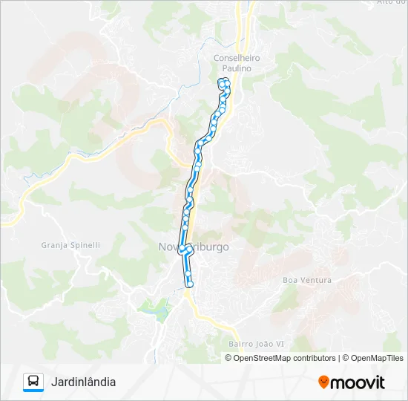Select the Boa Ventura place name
[307, 280]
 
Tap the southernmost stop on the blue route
[189, 284]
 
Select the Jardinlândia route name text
[83, 382]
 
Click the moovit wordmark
[358, 382]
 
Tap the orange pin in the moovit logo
[323, 382]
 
